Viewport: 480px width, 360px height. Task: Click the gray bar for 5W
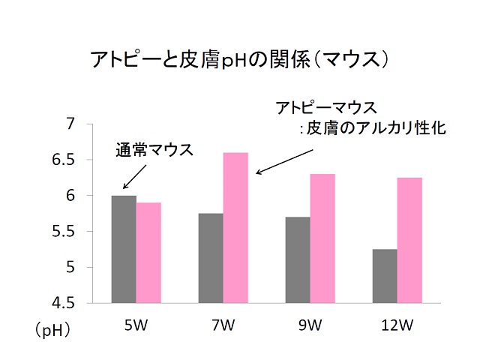point(124,249)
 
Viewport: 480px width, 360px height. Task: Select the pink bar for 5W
point(148,253)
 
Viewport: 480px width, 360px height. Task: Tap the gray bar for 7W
point(211,258)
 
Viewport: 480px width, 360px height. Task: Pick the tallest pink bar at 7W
point(235,228)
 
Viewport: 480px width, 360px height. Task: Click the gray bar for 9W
point(298,259)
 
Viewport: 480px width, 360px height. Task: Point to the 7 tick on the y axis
point(72,124)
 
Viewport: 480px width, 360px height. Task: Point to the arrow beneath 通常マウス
point(133,178)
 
